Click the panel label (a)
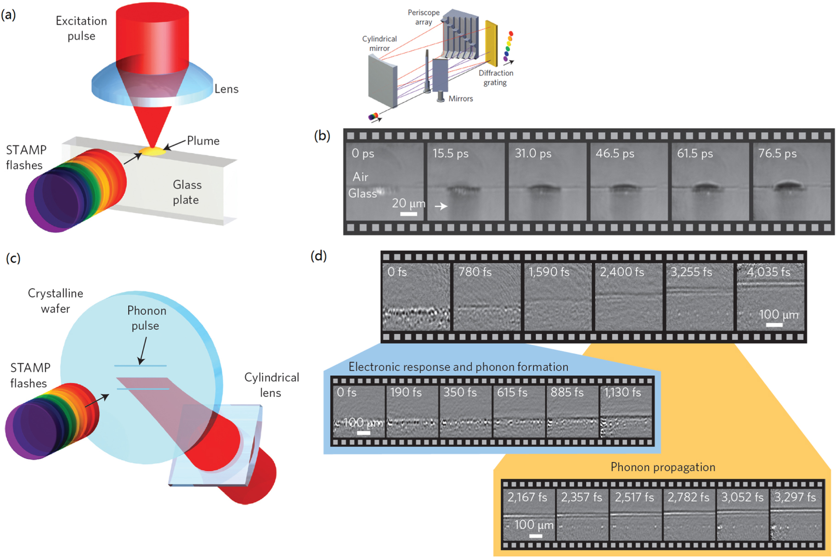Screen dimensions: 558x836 [x=9, y=15]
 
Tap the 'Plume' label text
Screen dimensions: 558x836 [x=203, y=141]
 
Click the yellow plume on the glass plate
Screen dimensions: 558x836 [x=152, y=151]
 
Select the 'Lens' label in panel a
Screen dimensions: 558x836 [x=226, y=89]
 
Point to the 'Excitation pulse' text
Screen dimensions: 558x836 [x=81, y=28]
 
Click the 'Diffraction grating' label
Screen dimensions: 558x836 [x=496, y=78]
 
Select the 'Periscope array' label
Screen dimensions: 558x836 [x=424, y=17]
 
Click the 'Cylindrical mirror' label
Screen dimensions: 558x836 [x=379, y=43]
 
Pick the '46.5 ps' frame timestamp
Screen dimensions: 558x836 [x=615, y=154]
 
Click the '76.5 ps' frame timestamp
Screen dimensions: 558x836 [x=777, y=154]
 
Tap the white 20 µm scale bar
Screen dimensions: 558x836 [x=408, y=214]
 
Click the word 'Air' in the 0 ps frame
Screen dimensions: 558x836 [x=361, y=177]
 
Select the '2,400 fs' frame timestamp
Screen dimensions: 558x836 [x=621, y=272]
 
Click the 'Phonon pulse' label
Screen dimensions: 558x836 [x=147, y=318]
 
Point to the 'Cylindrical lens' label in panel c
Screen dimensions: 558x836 [x=271, y=385]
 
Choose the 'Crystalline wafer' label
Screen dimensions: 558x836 [x=56, y=301]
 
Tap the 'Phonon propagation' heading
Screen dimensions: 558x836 [x=662, y=467]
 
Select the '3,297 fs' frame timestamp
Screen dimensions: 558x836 [x=795, y=497]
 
